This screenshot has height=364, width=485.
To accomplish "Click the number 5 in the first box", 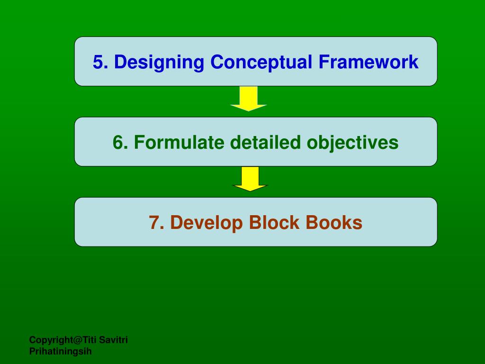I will pos(98,62).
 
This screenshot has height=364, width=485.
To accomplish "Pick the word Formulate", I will pos(179,142).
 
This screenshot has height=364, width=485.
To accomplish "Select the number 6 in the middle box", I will pos(118,142).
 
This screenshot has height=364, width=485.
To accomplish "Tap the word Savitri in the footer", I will pos(114,340).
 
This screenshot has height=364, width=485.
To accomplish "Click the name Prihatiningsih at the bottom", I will pos(61,351).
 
